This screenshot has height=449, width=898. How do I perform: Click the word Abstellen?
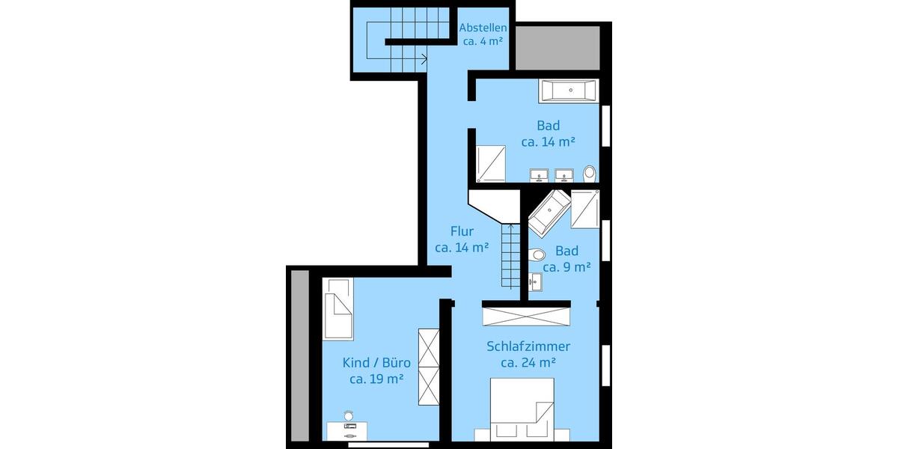point(482,28)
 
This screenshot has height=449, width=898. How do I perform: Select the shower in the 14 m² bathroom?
point(492,163)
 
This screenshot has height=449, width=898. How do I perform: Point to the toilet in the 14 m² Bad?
point(590,174)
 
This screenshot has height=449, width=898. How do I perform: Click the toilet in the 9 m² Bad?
point(536,255)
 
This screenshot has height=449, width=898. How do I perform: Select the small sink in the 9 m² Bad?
point(534,282)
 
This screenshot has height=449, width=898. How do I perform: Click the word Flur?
point(462,230)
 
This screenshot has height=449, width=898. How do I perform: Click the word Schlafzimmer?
point(528,346)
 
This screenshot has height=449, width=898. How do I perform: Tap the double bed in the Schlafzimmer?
point(522,409)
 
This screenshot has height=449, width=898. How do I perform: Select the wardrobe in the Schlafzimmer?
point(526,314)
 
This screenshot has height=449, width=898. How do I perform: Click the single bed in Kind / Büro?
point(337,308)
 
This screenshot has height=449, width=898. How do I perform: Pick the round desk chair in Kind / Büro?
point(348,415)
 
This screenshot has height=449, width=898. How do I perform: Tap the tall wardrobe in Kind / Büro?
point(429,367)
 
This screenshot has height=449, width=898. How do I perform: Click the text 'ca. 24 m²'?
point(528,363)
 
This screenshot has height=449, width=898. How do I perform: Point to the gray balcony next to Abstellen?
point(558,49)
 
